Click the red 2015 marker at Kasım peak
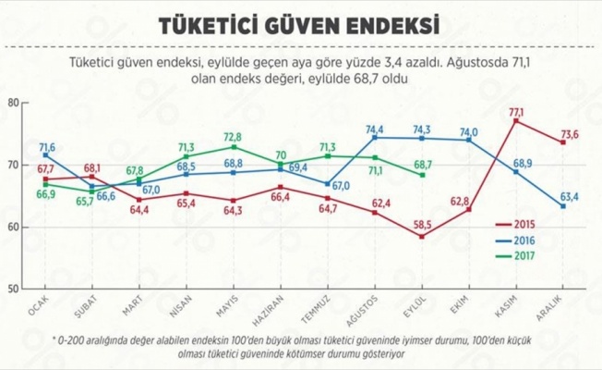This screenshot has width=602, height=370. (516, 121)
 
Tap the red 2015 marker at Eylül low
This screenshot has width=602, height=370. (422, 237)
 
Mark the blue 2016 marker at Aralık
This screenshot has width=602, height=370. (563, 205)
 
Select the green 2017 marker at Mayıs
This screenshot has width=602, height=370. (234, 147)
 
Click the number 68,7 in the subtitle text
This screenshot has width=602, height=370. (337, 80)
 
